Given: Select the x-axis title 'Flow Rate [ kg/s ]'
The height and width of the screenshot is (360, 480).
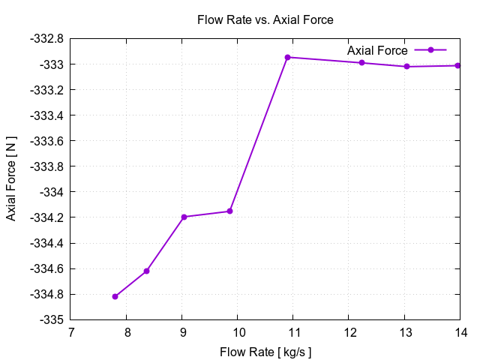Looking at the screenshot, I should [x=265, y=352].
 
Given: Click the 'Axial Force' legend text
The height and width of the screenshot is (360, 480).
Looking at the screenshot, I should [x=377, y=50].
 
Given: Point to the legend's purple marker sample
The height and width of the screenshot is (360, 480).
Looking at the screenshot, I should [x=430, y=50].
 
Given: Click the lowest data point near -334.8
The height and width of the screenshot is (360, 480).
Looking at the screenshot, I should [x=115, y=297].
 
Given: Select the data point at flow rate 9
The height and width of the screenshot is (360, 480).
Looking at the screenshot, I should [x=184, y=217].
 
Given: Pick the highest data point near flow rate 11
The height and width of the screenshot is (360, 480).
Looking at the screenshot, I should [x=287, y=57].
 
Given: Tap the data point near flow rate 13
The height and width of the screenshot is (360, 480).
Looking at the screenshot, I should [x=406, y=67].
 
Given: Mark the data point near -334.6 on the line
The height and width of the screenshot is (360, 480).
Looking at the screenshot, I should [x=147, y=271].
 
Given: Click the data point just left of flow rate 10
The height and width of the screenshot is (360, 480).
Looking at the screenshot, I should [x=229, y=211].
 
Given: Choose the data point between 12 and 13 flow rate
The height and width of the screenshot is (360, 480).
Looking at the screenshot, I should [x=361, y=62].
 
